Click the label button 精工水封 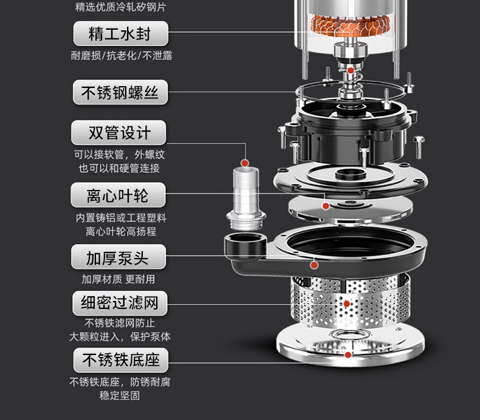[120, 33]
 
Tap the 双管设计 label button [119, 132]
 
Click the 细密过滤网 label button [119, 302]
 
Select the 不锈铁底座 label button [120, 360]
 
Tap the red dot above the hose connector [244, 163]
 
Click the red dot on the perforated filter [347, 303]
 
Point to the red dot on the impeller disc [326, 206]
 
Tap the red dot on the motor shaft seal [351, 70]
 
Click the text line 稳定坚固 [120, 396]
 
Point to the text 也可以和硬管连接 [119, 168]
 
